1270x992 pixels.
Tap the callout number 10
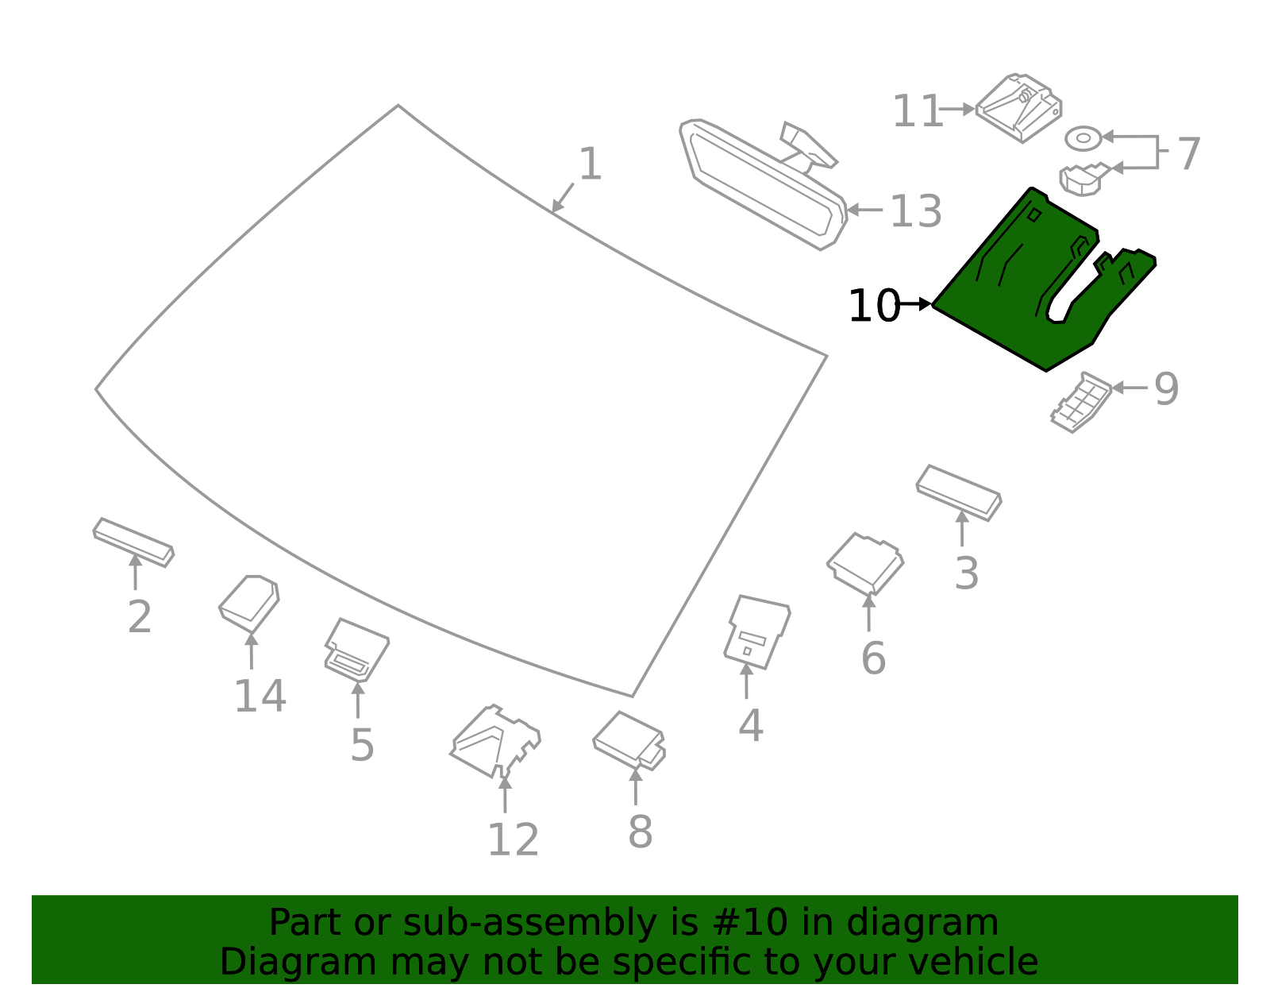[873, 306]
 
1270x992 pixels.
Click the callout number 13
[916, 211]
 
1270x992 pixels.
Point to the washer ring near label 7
[1083, 138]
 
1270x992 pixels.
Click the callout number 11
[917, 111]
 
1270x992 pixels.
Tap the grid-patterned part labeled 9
[1080, 402]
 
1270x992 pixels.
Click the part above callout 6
[865, 563]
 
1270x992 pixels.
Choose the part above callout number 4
[756, 632]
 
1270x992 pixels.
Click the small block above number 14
[249, 602]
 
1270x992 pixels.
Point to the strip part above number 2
[133, 542]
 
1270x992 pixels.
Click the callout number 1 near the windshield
[590, 164]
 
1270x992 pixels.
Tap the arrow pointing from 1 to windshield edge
[563, 197]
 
